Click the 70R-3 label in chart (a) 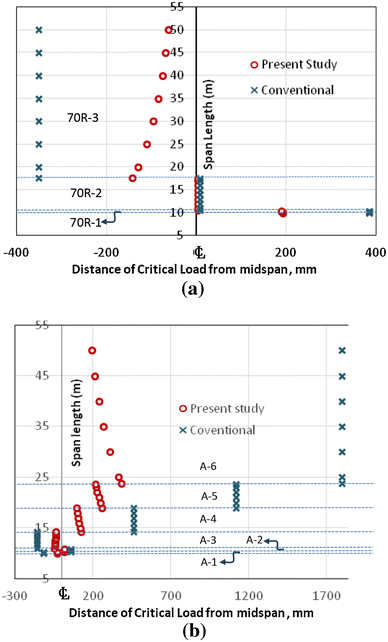click(x=83, y=118)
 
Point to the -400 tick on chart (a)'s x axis click(x=14, y=253)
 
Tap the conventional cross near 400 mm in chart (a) click(x=369, y=212)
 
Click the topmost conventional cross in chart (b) click(x=342, y=350)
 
